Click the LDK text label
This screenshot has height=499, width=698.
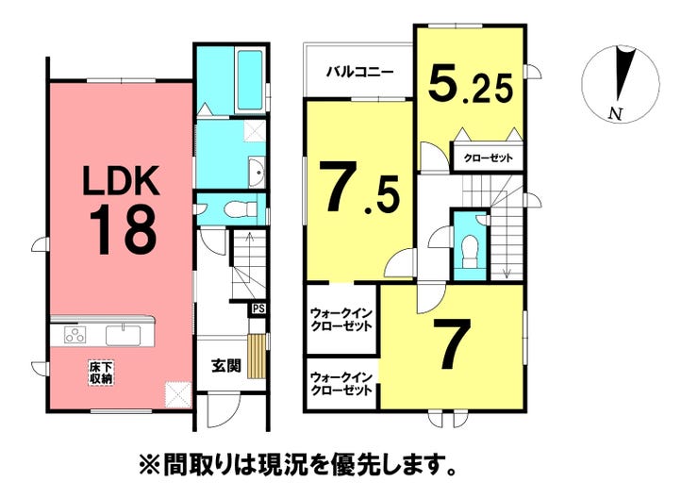(122, 181)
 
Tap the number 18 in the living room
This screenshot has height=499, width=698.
(124, 230)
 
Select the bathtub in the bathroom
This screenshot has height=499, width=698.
(249, 79)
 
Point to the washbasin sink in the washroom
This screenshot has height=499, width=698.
(257, 172)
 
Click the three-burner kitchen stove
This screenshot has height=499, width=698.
(75, 335)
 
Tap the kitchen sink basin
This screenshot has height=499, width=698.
(123, 335)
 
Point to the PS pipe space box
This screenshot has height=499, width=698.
(258, 308)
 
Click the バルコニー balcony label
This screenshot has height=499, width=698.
(359, 72)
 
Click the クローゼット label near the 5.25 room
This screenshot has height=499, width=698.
(488, 158)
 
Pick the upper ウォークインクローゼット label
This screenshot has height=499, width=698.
(341, 319)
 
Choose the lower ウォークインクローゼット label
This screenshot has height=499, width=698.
(341, 384)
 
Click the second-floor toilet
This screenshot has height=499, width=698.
(470, 252)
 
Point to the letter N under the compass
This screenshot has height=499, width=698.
(616, 113)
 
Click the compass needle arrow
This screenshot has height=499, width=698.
(623, 73)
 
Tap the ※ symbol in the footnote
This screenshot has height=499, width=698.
(148, 465)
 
